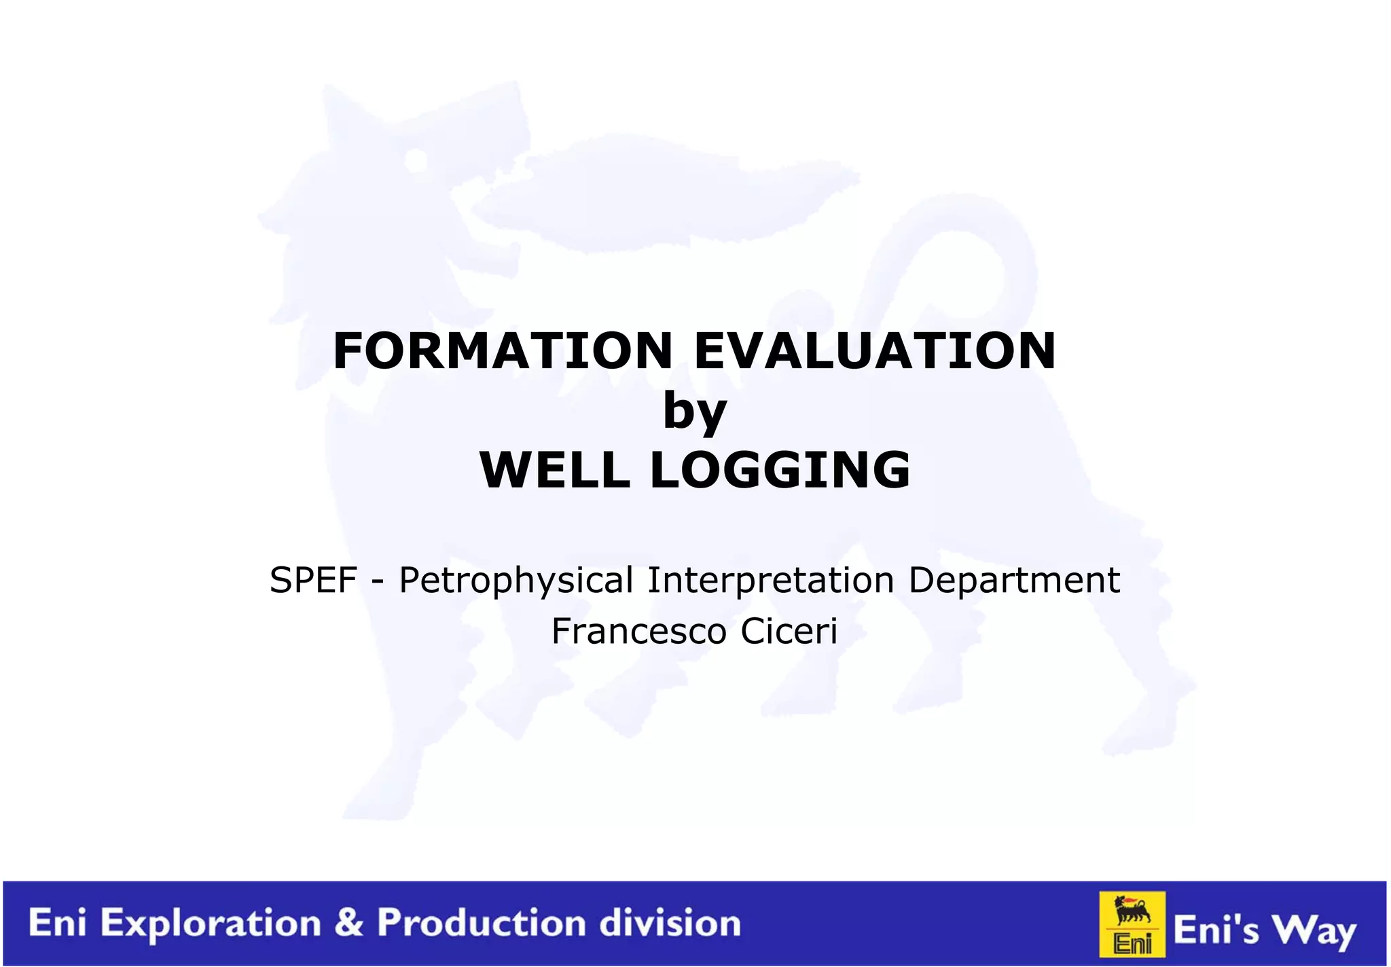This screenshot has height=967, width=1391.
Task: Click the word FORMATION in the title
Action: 503,351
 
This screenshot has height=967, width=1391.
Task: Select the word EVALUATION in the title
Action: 875,351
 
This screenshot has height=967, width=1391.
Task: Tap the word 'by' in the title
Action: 695,411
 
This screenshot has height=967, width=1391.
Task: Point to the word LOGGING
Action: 780,470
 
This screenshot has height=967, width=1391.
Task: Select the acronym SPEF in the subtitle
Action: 313,580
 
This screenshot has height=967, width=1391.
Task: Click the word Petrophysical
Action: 516,581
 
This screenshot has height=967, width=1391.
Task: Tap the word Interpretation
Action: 770,580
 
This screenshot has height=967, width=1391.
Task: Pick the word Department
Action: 1014,580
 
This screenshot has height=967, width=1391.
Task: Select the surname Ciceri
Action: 789,632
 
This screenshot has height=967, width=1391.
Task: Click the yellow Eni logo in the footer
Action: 1132,924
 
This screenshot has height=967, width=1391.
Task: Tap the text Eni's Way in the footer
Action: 1265,930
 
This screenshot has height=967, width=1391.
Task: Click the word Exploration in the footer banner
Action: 211,924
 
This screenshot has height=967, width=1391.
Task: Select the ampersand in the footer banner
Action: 349,924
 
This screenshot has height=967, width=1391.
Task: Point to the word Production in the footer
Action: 482,924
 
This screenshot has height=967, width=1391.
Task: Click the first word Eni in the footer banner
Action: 57,924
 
